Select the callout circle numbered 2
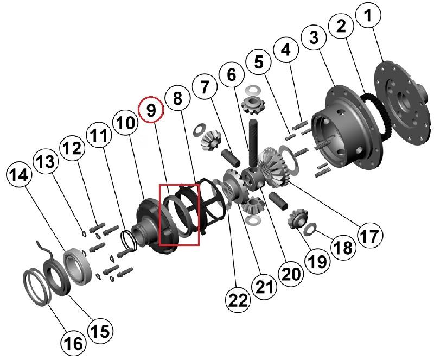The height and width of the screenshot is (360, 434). click(x=341, y=27)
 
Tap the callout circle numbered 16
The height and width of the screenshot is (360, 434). click(x=74, y=343)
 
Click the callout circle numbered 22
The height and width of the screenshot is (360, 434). click(x=239, y=300)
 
